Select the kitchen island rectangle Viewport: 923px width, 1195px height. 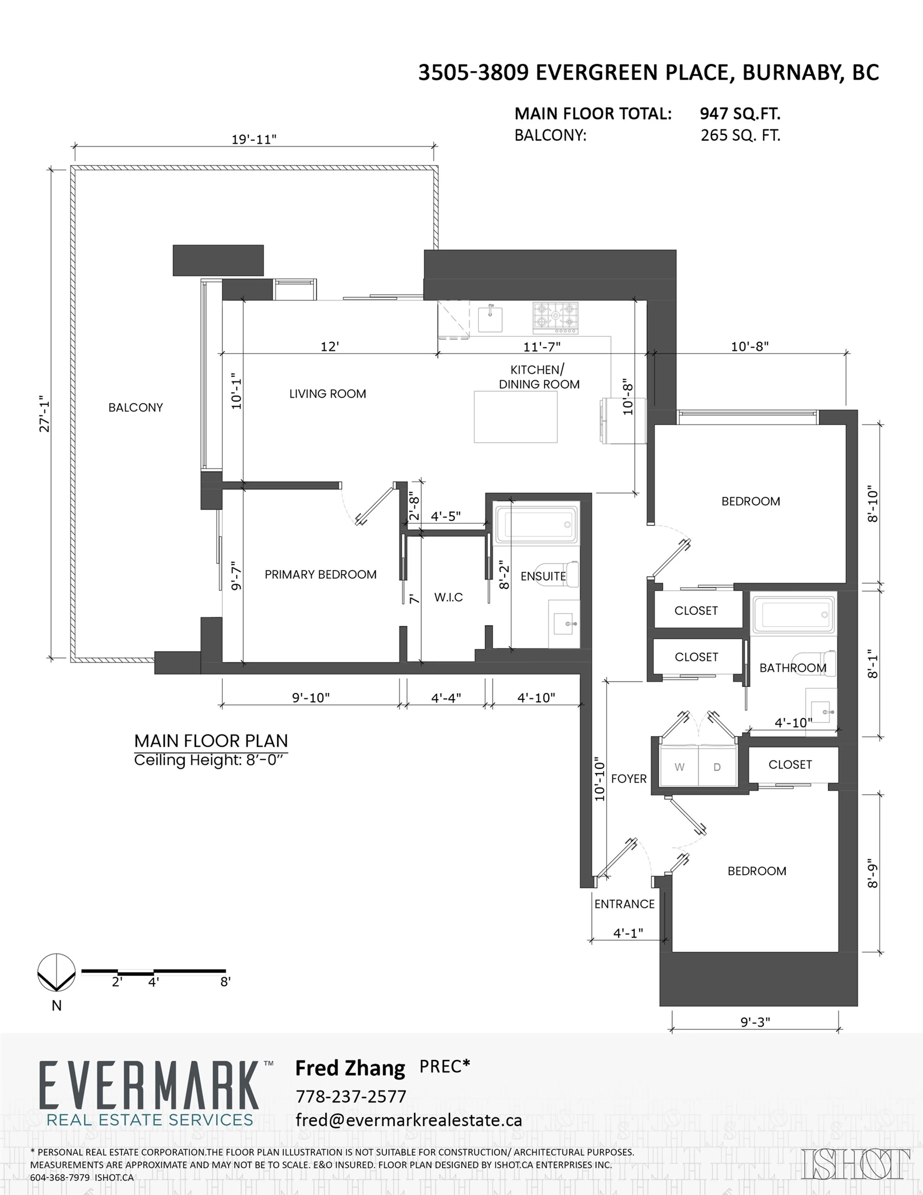click(x=515, y=417)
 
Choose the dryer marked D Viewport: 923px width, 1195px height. click(x=717, y=767)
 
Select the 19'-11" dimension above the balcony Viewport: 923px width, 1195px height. click(x=254, y=139)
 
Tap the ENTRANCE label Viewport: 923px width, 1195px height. click(x=624, y=904)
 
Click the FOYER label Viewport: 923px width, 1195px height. click(x=629, y=779)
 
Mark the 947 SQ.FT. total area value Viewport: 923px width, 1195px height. click(x=740, y=114)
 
